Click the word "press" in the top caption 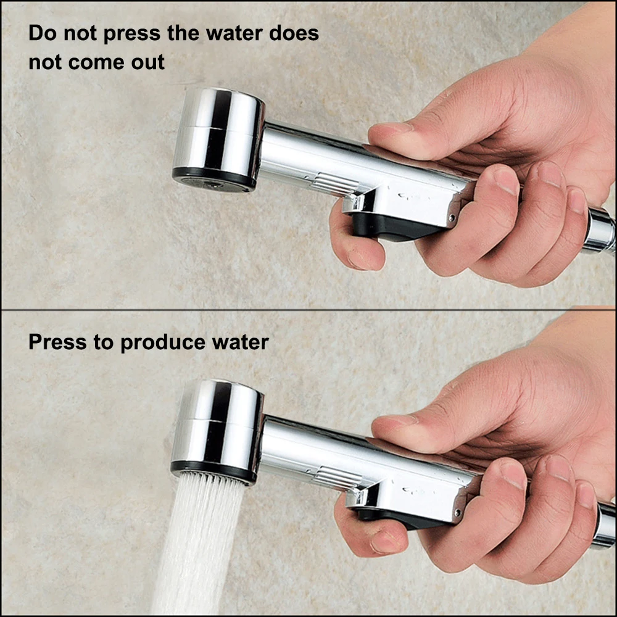point(132,34)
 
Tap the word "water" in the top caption point(234,33)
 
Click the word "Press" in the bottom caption point(57,342)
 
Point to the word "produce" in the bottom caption point(163,342)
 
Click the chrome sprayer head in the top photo point(218,139)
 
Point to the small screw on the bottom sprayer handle point(458,513)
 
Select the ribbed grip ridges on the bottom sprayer point(338,478)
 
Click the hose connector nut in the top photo point(600,230)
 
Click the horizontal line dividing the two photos point(308,310)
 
